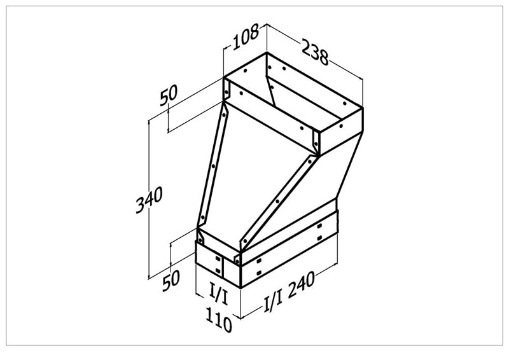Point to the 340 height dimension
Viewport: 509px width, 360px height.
pos(150,202)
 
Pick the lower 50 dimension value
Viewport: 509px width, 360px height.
pos(171,280)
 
